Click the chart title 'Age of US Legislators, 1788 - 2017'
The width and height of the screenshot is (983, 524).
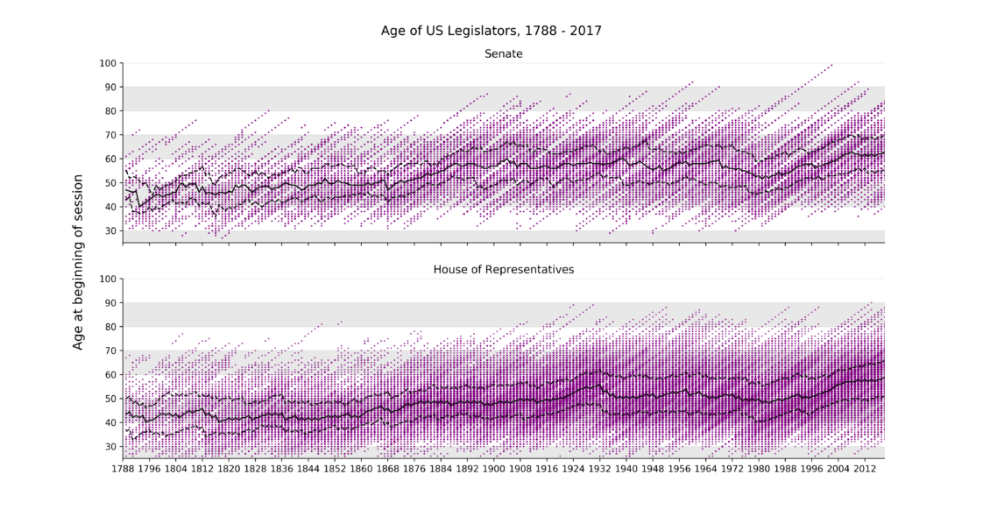pos(491,31)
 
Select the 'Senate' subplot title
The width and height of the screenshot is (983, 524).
pos(504,53)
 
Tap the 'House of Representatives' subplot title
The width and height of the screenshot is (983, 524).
pos(504,269)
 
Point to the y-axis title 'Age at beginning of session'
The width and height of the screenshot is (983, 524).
pos(78,262)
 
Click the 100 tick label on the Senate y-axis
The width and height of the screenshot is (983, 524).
pos(108,63)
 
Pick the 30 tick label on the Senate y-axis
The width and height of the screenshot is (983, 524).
pos(110,230)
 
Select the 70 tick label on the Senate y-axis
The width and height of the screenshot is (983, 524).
pos(110,135)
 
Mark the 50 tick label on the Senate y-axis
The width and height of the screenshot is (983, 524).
pos(110,183)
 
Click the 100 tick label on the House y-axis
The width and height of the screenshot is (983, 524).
pos(108,279)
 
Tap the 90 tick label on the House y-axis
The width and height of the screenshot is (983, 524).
pos(110,303)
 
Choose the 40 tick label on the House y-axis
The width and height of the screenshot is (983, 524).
pos(110,422)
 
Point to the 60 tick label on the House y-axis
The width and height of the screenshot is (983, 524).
pos(110,375)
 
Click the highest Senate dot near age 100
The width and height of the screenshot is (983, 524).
pos(831,65)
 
